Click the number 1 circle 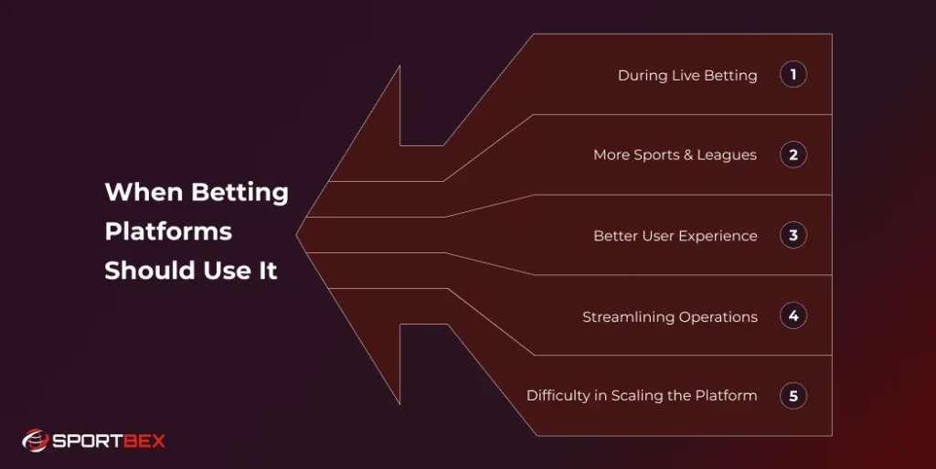[x=792, y=75]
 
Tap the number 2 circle [x=792, y=155]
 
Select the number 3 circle [x=792, y=235]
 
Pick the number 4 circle [x=792, y=316]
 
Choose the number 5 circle [x=792, y=396]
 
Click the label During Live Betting [x=687, y=76]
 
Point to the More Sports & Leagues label [x=675, y=155]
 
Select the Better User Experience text [x=675, y=236]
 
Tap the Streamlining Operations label [x=670, y=317]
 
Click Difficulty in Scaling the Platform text [x=642, y=396]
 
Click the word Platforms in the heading [x=168, y=232]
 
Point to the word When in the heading [x=144, y=193]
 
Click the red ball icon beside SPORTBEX [x=35, y=442]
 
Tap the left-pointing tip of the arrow [x=298, y=235]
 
